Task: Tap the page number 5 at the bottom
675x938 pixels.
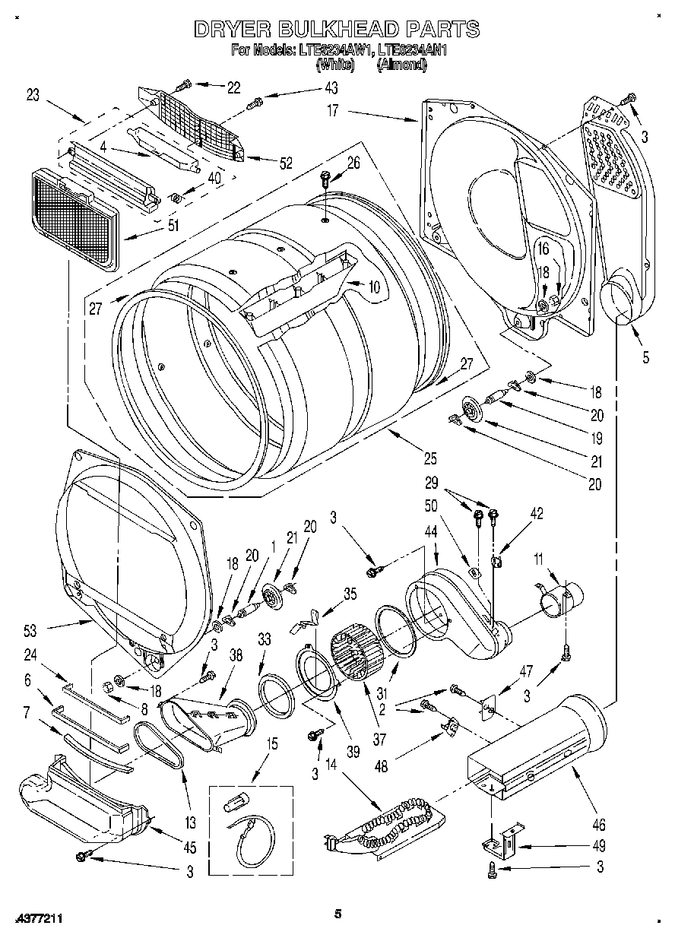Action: [x=338, y=914]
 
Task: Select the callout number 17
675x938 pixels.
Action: [x=333, y=109]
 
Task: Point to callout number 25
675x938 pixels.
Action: [x=430, y=458]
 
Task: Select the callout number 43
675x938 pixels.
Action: [x=331, y=87]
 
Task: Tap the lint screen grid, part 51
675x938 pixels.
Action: [x=74, y=217]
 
